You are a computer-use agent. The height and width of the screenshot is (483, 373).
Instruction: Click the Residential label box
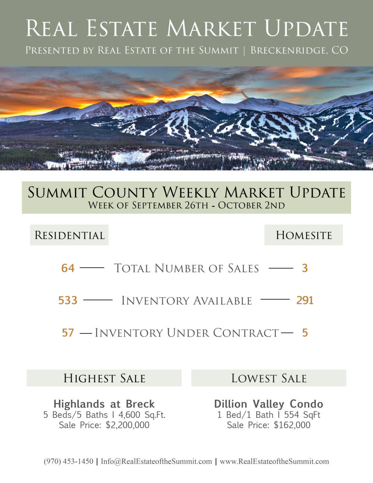point(69,235)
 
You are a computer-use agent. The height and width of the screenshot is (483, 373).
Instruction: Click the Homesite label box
point(304,235)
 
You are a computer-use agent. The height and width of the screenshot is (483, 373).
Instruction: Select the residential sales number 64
point(68,268)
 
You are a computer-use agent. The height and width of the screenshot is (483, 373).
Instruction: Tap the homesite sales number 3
point(305,268)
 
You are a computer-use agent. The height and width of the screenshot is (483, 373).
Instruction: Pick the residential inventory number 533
point(68,300)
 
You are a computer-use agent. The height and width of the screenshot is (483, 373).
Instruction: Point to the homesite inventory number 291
point(305,300)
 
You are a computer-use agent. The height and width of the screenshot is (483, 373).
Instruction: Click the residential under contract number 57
point(68,333)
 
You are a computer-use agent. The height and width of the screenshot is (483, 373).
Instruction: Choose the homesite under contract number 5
point(305,333)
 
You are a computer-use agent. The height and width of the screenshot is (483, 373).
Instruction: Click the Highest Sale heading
point(104,378)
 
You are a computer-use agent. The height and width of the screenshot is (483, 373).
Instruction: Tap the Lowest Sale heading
point(269,378)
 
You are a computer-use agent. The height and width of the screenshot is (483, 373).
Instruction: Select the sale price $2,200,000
point(128,425)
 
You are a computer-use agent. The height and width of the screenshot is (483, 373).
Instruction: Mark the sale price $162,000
point(292,425)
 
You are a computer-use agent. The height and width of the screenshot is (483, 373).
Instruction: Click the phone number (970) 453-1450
point(69,461)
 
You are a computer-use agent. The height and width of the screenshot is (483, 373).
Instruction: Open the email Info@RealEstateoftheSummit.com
point(156,461)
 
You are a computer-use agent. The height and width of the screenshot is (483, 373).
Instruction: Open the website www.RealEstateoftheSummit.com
point(274,461)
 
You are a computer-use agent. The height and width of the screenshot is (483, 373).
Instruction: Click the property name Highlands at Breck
point(104,404)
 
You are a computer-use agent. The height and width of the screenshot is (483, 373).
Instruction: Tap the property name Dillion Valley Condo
point(269,404)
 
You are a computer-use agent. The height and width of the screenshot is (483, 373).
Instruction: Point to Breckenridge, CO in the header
point(299,50)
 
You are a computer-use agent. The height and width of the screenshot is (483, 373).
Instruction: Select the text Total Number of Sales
point(186,268)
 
